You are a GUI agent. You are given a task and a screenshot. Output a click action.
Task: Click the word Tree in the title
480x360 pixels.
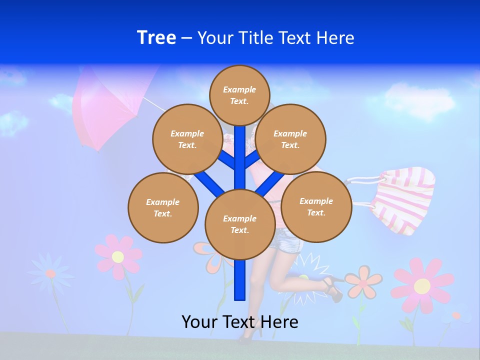tap(156, 38)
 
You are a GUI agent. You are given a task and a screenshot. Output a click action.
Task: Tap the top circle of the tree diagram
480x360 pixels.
tap(239, 95)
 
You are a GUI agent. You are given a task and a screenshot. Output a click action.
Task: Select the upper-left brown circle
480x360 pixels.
tap(187, 139)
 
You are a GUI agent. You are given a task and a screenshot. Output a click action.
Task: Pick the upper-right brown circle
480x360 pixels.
tap(290, 139)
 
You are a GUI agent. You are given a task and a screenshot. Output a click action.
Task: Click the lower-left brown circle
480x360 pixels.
tap(163, 207)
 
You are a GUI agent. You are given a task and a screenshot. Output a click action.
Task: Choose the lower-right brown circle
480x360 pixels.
tap(316, 206)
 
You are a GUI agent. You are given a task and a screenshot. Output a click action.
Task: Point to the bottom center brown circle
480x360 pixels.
tap(239, 224)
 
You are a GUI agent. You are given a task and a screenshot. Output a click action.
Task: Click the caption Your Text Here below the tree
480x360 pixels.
tap(239, 321)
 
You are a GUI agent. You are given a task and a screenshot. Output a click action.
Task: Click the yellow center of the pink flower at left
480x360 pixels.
tap(118, 257)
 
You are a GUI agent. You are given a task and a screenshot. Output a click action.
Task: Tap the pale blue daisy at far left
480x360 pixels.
tap(50, 273)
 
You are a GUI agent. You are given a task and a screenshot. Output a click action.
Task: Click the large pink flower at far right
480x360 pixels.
tap(422, 285)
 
